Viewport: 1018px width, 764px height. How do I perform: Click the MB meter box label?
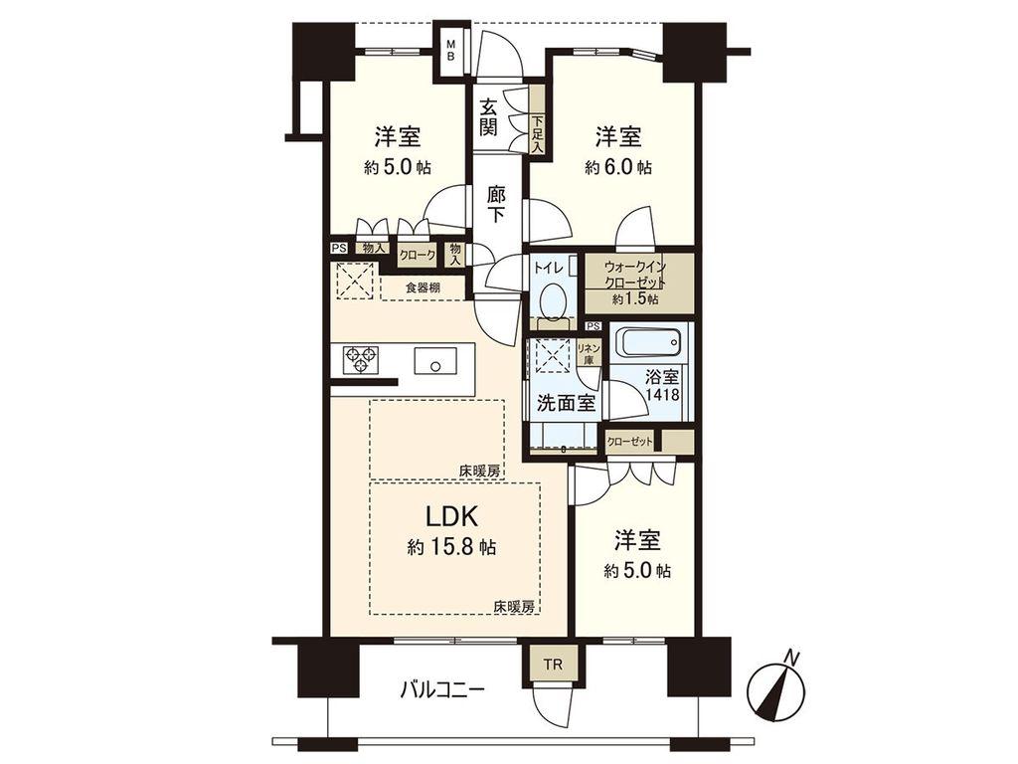pos(450,50)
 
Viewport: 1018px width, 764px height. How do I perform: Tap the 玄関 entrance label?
pos(489,116)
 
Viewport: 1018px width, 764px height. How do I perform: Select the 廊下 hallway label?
pos(497,205)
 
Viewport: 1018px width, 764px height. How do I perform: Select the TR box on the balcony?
pos(553,664)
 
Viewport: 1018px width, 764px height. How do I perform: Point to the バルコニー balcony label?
pos(441,688)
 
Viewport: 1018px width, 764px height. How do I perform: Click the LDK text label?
pos(452,516)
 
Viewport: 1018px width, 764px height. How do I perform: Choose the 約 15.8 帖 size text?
pos(451,548)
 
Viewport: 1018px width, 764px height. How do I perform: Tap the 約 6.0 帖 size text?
pos(618,167)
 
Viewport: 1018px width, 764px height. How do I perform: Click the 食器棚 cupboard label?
pos(423,286)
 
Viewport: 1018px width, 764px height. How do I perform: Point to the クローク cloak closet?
pos(418,256)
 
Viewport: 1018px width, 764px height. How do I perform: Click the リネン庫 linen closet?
pos(588,353)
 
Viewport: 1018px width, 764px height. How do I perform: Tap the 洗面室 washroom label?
pos(566,404)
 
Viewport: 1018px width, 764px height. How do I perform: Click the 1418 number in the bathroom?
pos(662,394)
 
